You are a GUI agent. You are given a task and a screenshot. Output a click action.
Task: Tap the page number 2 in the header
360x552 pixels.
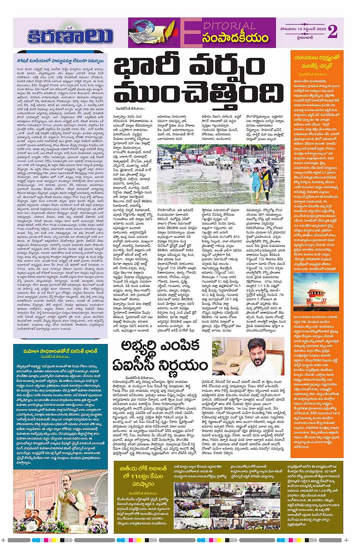coord(332,32)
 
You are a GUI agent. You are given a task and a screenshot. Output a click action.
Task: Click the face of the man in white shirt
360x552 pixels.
coord(251,352)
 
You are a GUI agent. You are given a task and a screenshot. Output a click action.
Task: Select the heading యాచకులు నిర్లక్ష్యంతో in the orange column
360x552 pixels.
coord(316,58)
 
